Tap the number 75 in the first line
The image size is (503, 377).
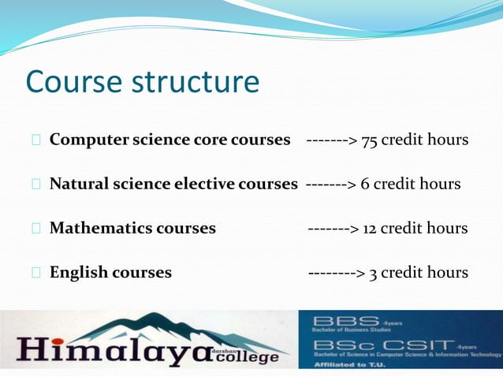pos(368,140)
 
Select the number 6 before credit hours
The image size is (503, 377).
pos(365,185)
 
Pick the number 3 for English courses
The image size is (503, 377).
pos(373,273)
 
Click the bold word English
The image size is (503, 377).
pos(77,273)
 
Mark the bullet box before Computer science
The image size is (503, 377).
pos(36,140)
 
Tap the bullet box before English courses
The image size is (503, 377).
pos(36,273)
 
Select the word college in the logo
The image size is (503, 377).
pos(248,356)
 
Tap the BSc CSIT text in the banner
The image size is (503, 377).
pos(382,345)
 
